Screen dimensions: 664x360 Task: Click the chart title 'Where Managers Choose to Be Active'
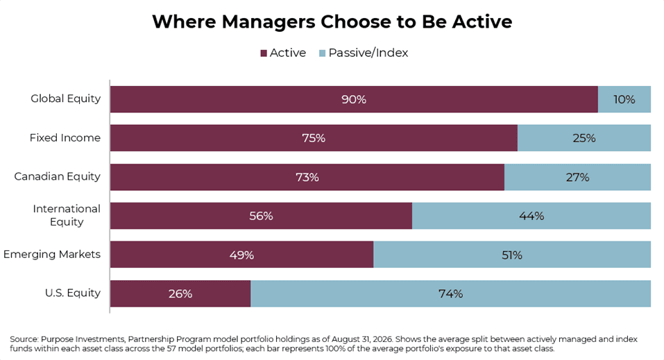pyautogui.click(x=332, y=22)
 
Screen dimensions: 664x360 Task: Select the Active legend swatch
pyautogui.click(x=264, y=53)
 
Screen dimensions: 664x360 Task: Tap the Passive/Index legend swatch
pyautogui.click(x=322, y=53)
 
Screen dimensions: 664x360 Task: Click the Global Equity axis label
pyautogui.click(x=66, y=98)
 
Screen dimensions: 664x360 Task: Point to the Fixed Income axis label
pyautogui.click(x=65, y=137)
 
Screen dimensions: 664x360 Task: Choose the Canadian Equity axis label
pyautogui.click(x=57, y=177)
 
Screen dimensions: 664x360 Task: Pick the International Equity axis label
pyautogui.click(x=67, y=215)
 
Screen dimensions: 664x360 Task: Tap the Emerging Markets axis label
pyautogui.click(x=52, y=254)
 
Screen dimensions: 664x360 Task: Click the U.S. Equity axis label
pyautogui.click(x=73, y=293)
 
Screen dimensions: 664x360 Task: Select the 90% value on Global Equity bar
pyautogui.click(x=354, y=99)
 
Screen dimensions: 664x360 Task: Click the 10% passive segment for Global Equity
pyautogui.click(x=624, y=99)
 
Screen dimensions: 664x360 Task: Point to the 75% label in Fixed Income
pyautogui.click(x=314, y=138)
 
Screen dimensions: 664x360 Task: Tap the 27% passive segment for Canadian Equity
pyautogui.click(x=577, y=177)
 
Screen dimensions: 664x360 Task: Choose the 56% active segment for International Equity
pyautogui.click(x=262, y=216)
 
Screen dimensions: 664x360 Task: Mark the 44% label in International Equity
pyautogui.click(x=531, y=216)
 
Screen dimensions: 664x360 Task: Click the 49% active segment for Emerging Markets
pyautogui.click(x=241, y=255)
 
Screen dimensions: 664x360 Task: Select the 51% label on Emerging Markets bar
pyautogui.click(x=512, y=255)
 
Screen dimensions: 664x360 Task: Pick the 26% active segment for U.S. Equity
pyautogui.click(x=180, y=293)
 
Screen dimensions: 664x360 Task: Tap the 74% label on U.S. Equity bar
pyautogui.click(x=450, y=293)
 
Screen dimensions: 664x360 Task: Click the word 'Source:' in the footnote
pyautogui.click(x=24, y=339)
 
